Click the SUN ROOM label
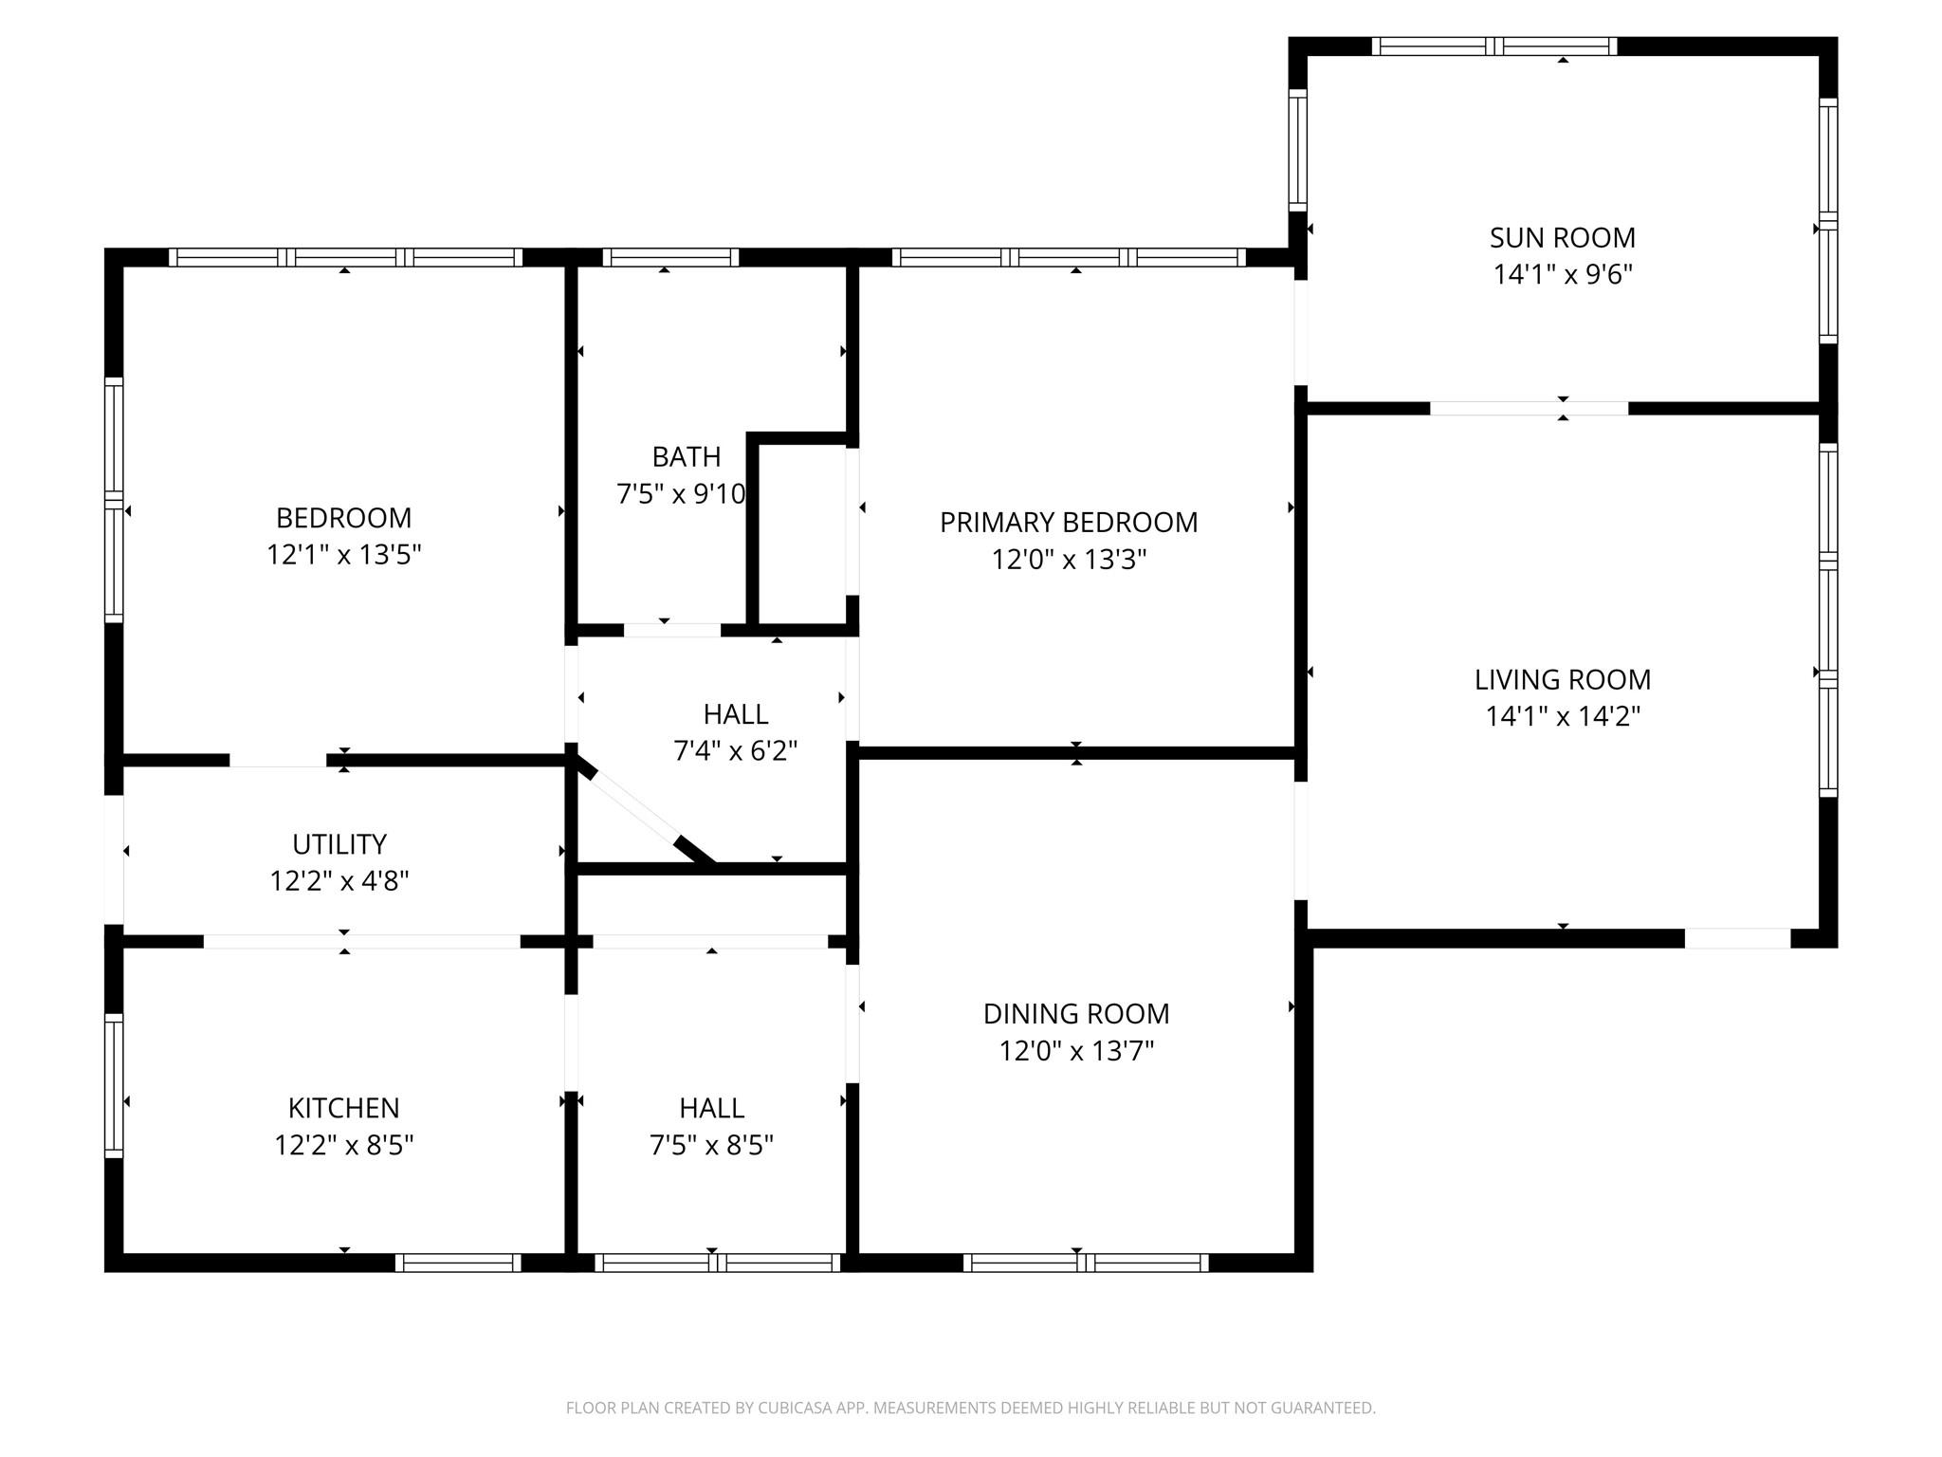[x=1562, y=237]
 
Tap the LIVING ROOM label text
[x=1562, y=679]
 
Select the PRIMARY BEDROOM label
[x=1069, y=522]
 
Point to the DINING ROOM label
[x=1076, y=1013]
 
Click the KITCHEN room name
[x=343, y=1108]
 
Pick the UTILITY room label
[x=339, y=844]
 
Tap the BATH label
[x=687, y=456]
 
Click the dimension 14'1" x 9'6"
[x=1563, y=274]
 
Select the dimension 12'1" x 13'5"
[x=343, y=554]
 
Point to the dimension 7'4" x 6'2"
[x=735, y=751]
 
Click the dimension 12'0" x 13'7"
[x=1076, y=1051]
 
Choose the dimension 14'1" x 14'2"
[x=1563, y=716]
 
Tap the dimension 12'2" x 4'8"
[x=339, y=881]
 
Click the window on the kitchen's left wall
[x=114, y=1085]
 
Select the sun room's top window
[x=1493, y=46]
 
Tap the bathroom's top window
[x=669, y=257]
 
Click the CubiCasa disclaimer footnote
[x=971, y=1408]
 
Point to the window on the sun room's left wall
[x=1298, y=150]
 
